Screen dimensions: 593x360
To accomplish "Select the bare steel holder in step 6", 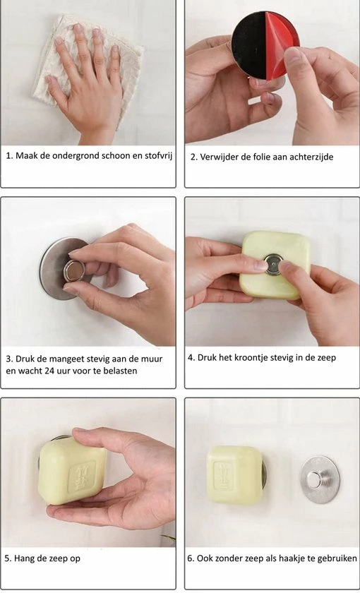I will click(318, 479).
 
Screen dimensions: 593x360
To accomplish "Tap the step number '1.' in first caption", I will click(10, 156).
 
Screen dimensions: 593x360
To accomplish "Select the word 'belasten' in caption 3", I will click(119, 371).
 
